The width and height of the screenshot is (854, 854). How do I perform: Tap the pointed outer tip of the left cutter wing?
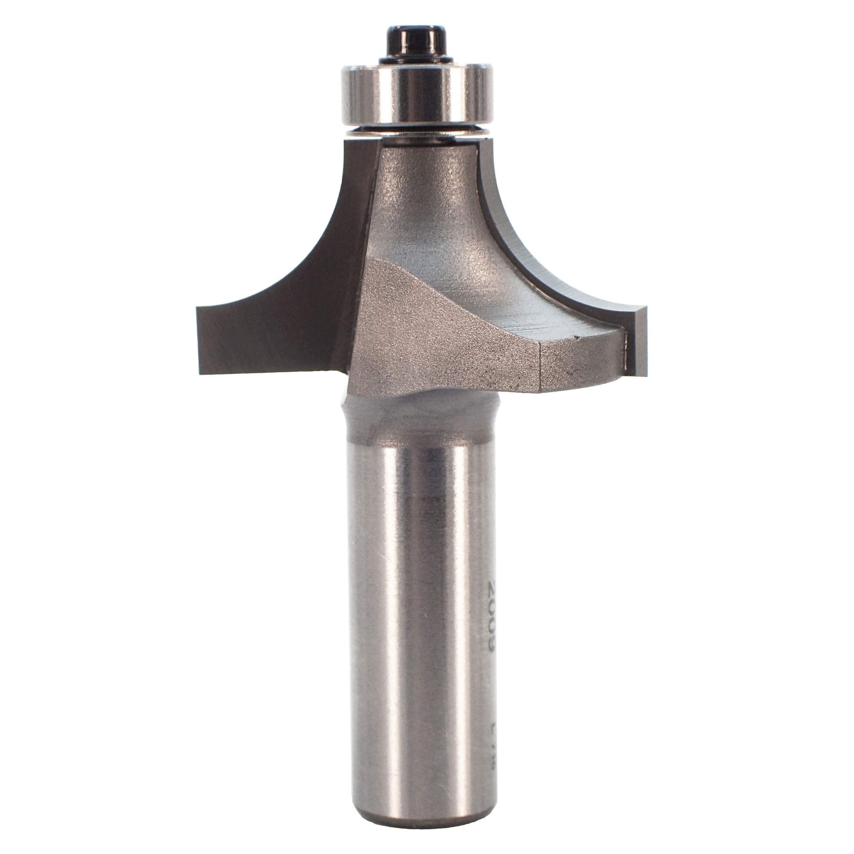198,309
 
